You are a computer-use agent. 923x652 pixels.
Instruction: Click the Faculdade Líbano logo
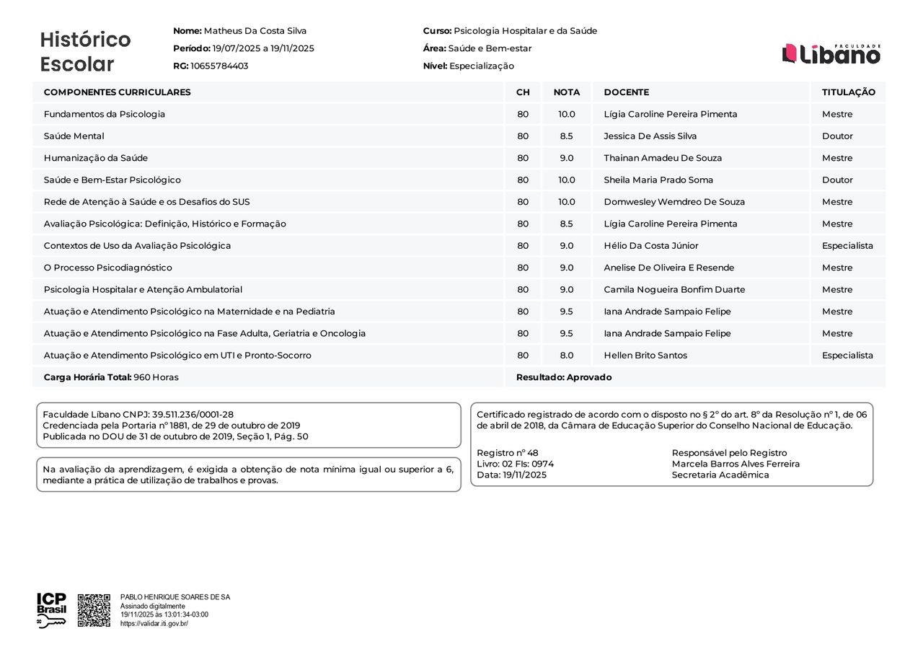pos(831,53)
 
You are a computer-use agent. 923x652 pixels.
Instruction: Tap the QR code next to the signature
pos(94,610)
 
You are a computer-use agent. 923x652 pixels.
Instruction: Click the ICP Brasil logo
pos(51,610)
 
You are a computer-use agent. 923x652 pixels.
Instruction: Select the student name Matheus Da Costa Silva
pos(255,31)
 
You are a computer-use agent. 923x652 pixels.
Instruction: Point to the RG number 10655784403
pos(219,66)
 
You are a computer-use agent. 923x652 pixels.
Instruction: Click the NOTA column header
pos(566,92)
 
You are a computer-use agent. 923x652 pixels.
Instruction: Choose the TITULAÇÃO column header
pos(848,92)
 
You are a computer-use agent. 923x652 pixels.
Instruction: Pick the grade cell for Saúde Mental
pos(566,136)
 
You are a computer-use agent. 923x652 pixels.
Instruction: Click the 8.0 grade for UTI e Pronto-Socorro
pos(566,356)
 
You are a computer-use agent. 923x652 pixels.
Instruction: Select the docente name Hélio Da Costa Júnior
pos(650,246)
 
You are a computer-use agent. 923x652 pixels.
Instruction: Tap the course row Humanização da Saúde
pos(96,158)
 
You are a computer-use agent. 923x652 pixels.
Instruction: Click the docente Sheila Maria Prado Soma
pos(658,180)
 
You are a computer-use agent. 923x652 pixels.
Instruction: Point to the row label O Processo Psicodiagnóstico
pos(107,268)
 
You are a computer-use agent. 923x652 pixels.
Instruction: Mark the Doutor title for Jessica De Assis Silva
pos(836,136)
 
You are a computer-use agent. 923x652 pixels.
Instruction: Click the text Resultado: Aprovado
pos(563,377)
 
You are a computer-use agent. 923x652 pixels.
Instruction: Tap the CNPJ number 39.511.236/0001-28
pos(193,415)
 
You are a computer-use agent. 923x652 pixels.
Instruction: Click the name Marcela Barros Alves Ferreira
pos(736,464)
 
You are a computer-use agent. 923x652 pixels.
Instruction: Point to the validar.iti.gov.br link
pos(154,623)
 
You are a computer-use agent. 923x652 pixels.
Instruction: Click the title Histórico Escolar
pos(85,52)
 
